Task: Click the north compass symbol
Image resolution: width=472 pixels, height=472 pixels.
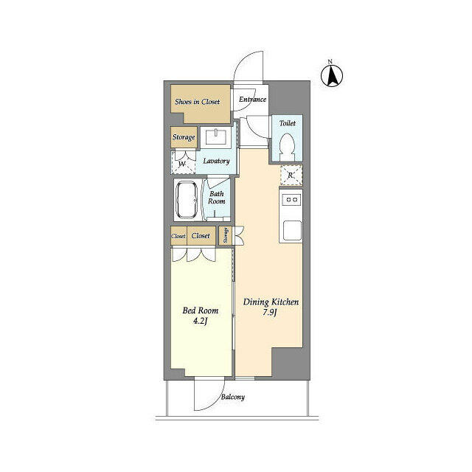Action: [333, 74]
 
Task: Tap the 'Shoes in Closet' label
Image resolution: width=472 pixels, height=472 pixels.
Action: [197, 102]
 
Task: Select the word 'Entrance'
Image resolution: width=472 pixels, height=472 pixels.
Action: [252, 100]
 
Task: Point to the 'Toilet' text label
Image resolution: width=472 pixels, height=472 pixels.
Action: [287, 124]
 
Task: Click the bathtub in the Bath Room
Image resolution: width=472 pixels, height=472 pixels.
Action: [187, 200]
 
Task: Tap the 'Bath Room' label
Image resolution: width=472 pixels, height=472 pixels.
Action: [216, 197]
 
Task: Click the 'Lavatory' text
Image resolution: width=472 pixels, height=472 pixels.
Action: [217, 161]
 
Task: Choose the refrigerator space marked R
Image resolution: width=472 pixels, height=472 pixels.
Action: [291, 176]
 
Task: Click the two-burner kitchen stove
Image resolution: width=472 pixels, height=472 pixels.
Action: [291, 199]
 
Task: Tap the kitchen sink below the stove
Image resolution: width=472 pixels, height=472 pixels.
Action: [291, 229]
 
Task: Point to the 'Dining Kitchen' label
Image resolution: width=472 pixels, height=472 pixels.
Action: [270, 302]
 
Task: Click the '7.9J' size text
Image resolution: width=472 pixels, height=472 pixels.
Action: [270, 314]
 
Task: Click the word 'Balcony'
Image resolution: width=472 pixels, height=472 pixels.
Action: [233, 398]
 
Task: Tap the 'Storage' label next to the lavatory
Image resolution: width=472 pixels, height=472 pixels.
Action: [184, 138]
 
